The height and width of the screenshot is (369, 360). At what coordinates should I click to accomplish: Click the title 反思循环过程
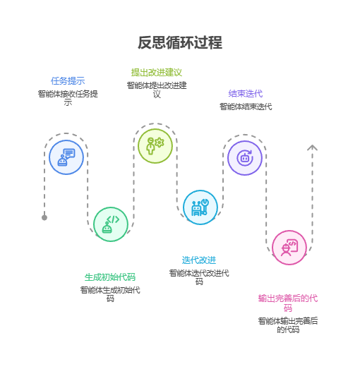[180, 42]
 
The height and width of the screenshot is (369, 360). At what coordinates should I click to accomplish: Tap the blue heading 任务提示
[68, 80]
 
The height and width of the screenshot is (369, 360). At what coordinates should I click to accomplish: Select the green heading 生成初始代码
[110, 277]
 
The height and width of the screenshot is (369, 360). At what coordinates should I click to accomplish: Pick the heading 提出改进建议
[156, 72]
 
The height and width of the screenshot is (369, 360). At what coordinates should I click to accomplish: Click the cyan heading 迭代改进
[199, 260]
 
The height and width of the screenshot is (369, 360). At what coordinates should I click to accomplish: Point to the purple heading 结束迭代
[245, 93]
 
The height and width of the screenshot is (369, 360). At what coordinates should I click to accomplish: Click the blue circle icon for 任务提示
[66, 157]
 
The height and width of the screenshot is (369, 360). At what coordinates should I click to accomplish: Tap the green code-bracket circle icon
[111, 224]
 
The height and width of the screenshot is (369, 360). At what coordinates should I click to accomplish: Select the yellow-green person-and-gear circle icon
[155, 145]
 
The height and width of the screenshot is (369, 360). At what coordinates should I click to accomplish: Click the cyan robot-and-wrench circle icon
[200, 207]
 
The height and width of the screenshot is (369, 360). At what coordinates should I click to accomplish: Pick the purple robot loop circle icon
[245, 157]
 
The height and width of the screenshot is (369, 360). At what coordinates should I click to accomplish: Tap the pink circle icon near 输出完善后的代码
[289, 248]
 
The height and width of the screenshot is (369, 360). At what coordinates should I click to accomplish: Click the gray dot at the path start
[44, 217]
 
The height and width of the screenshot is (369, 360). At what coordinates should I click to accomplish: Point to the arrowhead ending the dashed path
[312, 147]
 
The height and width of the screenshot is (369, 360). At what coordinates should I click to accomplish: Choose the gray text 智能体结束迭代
[245, 107]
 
